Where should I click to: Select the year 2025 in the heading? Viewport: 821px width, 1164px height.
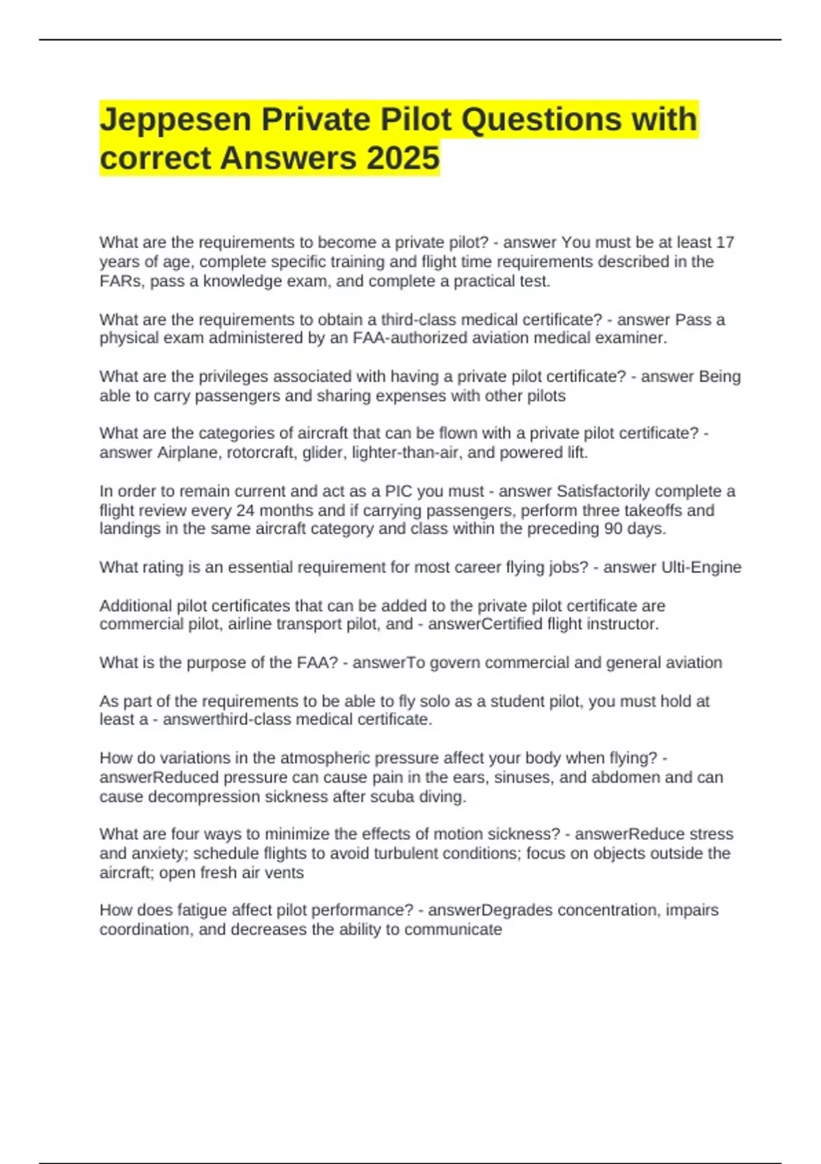403,159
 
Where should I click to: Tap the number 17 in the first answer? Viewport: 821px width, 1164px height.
725,242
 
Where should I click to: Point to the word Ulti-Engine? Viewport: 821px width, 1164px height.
701,568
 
